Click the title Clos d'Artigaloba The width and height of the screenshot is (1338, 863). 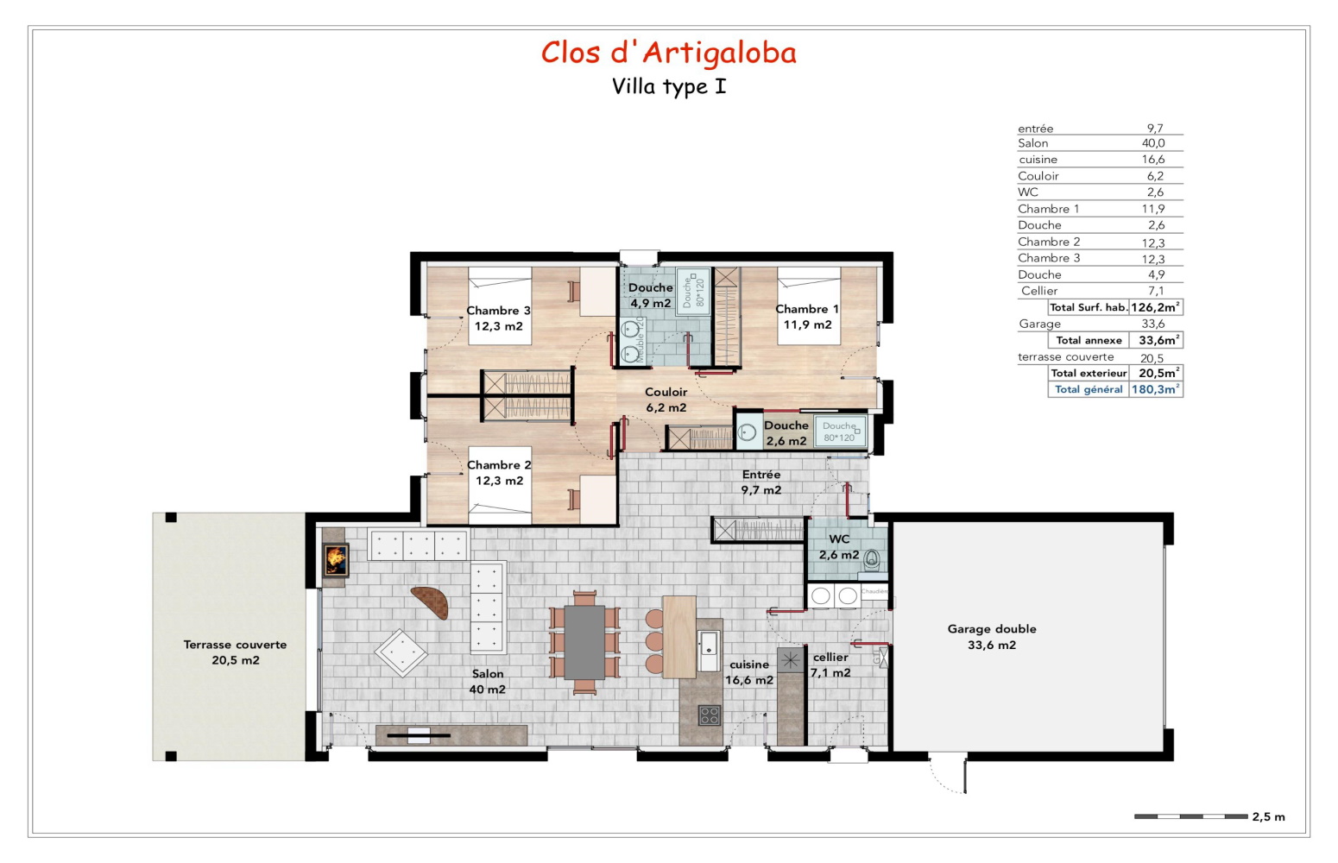click(x=668, y=53)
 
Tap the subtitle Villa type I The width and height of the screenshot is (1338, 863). click(x=669, y=86)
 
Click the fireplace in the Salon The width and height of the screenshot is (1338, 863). click(x=335, y=560)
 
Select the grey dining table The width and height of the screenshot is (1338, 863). click(x=584, y=641)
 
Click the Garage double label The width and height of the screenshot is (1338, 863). click(x=992, y=637)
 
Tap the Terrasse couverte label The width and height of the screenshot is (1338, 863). click(x=235, y=652)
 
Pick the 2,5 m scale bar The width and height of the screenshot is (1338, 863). click(x=1190, y=816)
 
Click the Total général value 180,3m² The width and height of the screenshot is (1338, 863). click(x=1155, y=389)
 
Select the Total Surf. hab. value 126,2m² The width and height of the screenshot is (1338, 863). click(x=1155, y=307)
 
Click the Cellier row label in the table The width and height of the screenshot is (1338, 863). click(x=1039, y=291)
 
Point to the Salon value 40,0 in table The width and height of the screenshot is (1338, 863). click(x=1153, y=143)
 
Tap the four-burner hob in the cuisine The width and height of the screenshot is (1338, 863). click(x=710, y=715)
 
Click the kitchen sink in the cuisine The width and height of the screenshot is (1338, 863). click(x=709, y=644)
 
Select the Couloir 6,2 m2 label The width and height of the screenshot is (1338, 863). click(x=666, y=400)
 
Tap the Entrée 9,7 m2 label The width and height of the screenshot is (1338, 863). click(x=761, y=482)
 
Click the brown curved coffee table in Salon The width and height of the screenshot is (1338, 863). click(x=431, y=602)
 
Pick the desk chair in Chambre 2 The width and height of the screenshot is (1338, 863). click(x=574, y=498)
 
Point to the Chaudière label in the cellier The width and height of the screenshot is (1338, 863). click(x=874, y=591)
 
